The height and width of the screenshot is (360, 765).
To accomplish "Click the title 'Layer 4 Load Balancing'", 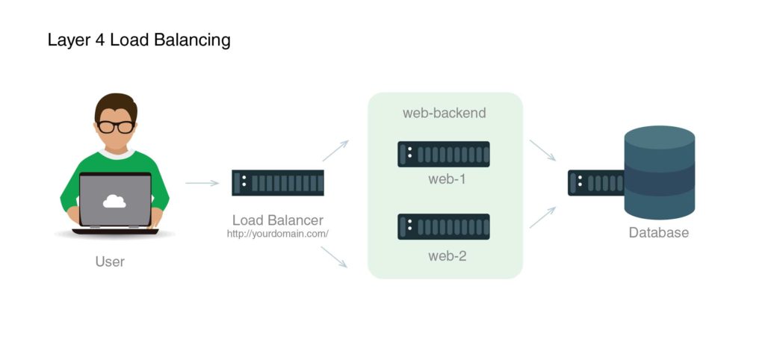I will tap(139, 40).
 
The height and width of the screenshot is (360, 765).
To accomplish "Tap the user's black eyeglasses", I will tap(116, 126).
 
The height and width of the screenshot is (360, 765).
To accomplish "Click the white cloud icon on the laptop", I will tap(114, 200).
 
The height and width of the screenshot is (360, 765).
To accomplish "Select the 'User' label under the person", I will tap(110, 261).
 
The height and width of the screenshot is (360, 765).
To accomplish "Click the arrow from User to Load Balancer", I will tap(202, 183).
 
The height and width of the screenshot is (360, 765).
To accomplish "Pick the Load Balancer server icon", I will tap(278, 183).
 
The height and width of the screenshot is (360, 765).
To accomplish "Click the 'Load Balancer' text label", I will tap(277, 220).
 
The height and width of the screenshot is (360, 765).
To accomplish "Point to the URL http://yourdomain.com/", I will tap(277, 234).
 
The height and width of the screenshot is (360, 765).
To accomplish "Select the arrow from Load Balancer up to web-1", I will tap(335, 151).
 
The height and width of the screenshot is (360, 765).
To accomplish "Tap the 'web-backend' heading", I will tap(445, 114).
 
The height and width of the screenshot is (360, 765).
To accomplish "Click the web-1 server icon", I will tap(444, 155).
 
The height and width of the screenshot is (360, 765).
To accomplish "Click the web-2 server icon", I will tap(444, 226).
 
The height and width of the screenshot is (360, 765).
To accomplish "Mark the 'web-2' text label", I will tap(447, 256).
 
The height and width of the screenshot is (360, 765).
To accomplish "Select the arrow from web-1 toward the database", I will tap(542, 150).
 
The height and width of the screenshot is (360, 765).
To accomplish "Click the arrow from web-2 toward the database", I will tap(542, 217).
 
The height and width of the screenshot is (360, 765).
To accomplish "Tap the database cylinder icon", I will tap(660, 172).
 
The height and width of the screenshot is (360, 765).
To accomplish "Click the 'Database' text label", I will tap(658, 233).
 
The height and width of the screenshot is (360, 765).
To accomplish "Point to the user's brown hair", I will tap(116, 105).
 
